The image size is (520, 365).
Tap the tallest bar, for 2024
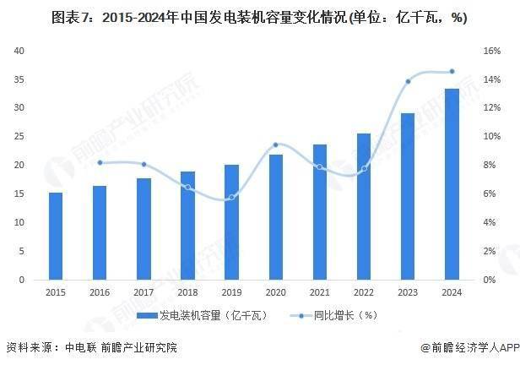point(452,184)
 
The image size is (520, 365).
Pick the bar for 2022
point(364,206)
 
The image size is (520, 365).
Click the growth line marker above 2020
point(275,144)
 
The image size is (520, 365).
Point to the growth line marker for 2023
point(408,81)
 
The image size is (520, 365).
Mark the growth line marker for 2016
point(100,162)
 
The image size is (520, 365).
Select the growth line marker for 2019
point(231,197)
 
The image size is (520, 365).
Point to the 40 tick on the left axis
point(23,51)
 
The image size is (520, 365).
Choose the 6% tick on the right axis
point(490,194)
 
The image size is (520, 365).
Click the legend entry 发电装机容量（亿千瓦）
point(207,315)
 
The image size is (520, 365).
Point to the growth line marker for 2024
point(452,71)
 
